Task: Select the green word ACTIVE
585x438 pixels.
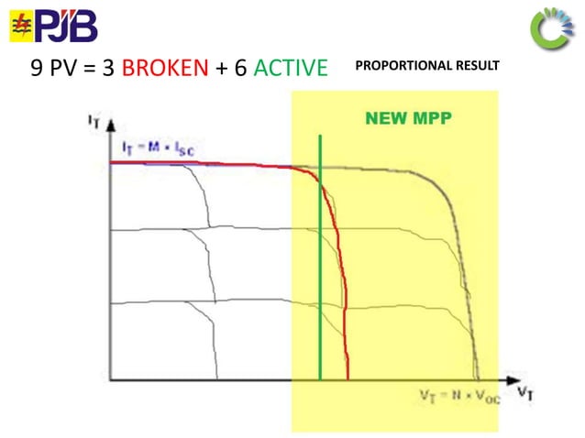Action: tap(286, 69)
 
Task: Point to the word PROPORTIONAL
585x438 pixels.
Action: tap(399, 66)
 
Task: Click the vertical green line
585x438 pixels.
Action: tap(320, 275)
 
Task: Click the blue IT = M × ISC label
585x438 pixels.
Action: tap(158, 148)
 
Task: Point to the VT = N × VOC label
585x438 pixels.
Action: tap(454, 396)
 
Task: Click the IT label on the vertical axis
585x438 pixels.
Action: tap(94, 120)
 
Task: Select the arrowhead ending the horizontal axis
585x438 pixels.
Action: tap(504, 379)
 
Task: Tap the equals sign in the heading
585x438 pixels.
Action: tap(89, 69)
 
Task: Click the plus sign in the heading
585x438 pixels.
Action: tap(220, 69)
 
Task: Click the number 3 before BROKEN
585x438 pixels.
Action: tap(108, 69)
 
